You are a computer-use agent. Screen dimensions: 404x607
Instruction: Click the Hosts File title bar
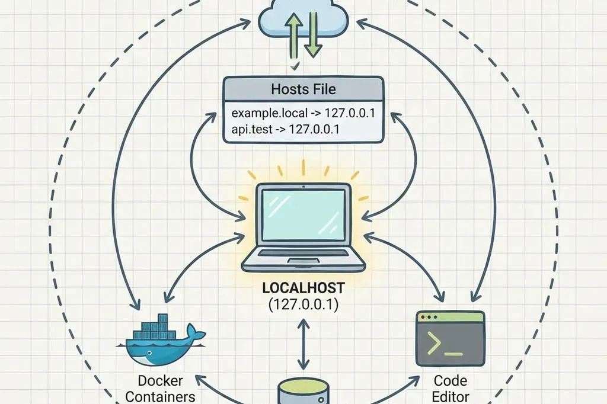coord(303,89)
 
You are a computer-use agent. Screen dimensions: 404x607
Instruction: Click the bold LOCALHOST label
coord(303,290)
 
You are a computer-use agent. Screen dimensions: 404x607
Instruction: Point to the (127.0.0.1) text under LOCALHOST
coord(303,306)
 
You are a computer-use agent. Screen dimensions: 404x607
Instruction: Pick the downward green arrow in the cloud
coord(313,36)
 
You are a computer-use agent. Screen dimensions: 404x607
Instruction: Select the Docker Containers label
coord(160,388)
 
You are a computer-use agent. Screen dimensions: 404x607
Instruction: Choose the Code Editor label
coord(451,388)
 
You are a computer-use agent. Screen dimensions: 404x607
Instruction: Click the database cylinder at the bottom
coord(303,392)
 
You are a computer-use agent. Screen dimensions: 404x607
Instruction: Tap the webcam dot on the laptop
coord(303,187)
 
